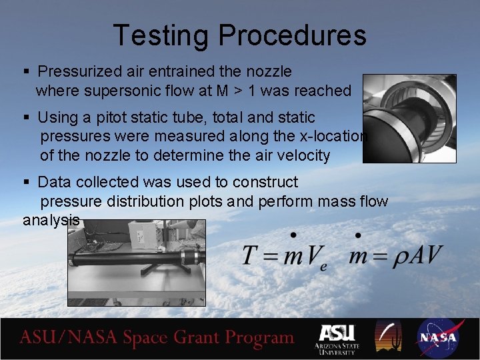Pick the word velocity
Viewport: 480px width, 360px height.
pos(299,156)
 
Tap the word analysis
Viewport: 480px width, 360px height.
pos(51,220)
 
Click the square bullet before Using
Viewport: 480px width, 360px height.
pos(26,118)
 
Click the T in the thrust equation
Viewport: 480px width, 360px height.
pos(251,255)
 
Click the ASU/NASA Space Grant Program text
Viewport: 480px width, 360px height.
pos(157,338)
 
